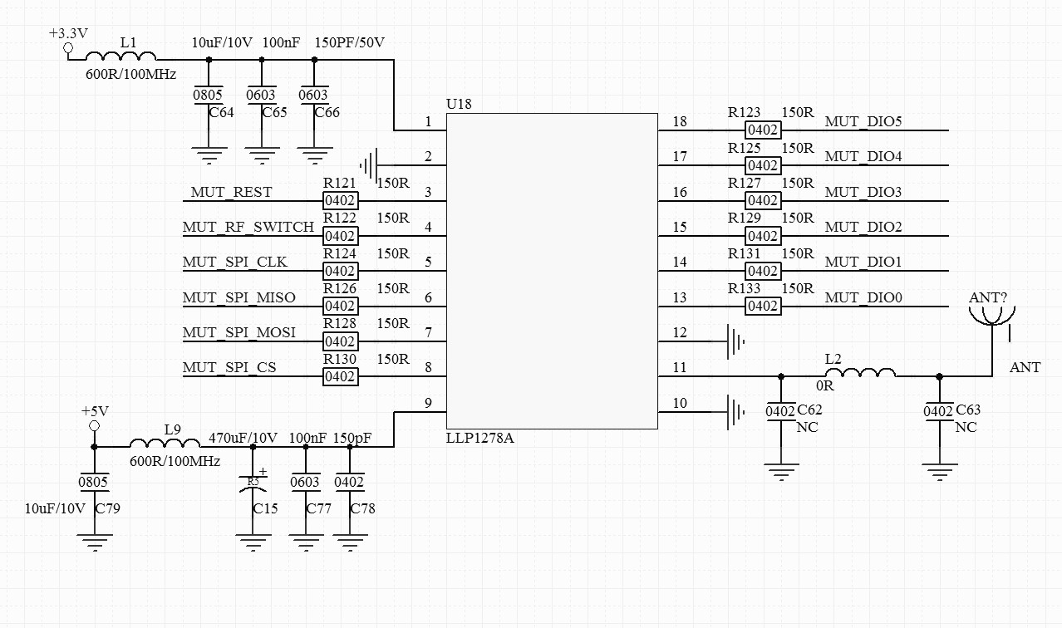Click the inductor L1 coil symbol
[x=121, y=56]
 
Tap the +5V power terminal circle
[x=94, y=426]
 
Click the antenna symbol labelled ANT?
[x=991, y=316]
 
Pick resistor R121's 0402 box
[x=340, y=200]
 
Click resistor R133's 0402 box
[x=762, y=306]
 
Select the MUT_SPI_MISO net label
[x=239, y=297]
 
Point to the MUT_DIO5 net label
[x=863, y=122]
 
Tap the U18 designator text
[x=459, y=105]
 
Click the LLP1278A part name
[x=480, y=438]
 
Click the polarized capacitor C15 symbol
[x=253, y=484]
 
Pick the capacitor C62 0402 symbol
[x=780, y=411]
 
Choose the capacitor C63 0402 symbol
[x=939, y=411]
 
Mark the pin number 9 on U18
[x=428, y=404]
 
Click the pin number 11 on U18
[x=680, y=367]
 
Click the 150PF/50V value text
[x=350, y=42]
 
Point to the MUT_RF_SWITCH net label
[x=248, y=227]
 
